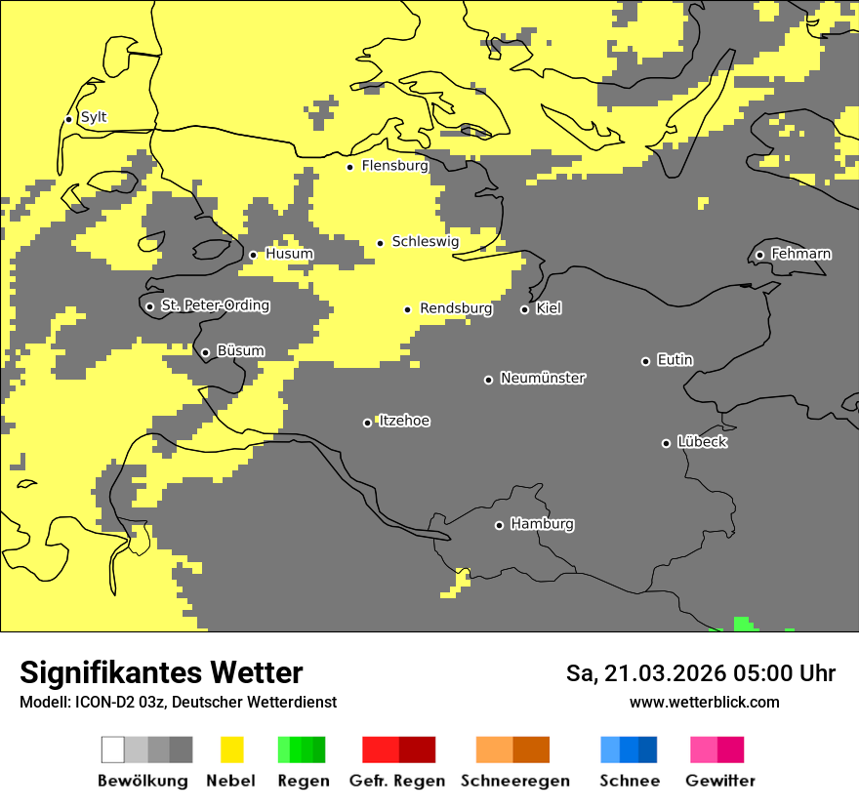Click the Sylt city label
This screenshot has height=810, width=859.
94,117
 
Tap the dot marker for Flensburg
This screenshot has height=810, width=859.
349,167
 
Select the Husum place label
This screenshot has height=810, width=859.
289,254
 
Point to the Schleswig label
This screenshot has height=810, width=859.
425,241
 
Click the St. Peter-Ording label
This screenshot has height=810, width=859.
215,305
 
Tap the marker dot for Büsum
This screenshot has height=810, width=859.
205,353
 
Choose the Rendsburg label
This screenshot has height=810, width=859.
456,308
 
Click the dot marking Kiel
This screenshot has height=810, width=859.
524,309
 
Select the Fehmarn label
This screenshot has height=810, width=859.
800,254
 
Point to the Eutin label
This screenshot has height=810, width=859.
675,360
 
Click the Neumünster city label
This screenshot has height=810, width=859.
543,378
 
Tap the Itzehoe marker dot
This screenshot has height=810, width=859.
367,423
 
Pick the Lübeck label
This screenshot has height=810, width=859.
702,442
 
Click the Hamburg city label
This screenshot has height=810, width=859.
542,524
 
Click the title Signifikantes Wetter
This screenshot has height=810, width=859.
161,672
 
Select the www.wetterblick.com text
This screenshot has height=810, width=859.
704,702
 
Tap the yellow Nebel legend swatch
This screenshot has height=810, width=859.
231,749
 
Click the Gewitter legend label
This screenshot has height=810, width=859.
719,781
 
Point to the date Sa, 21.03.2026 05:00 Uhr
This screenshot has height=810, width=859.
700,673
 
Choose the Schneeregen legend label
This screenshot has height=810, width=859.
514,781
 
